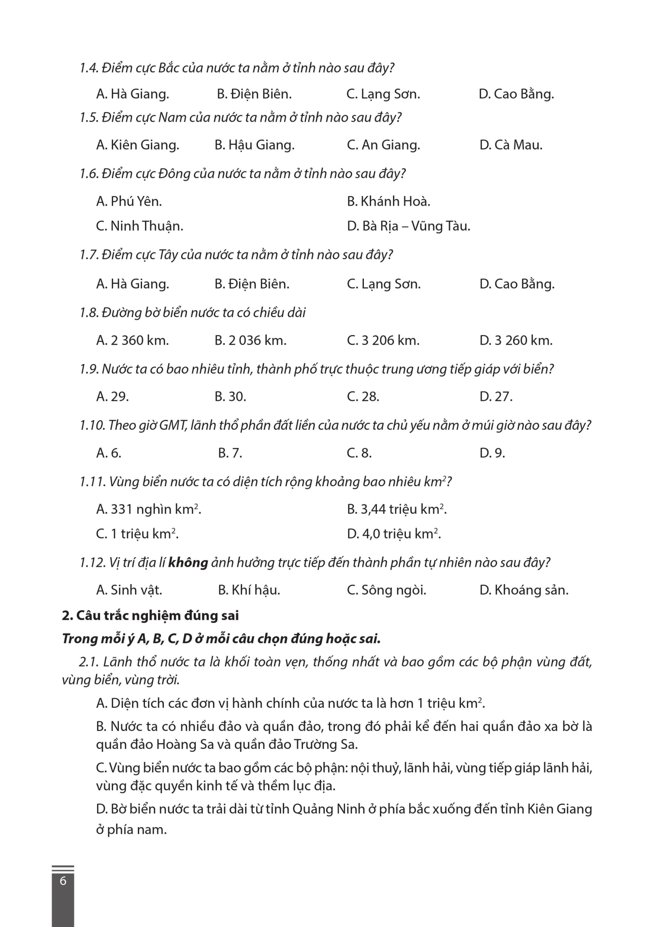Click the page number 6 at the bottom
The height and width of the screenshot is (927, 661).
pyautogui.click(x=63, y=881)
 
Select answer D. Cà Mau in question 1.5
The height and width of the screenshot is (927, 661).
pyautogui.click(x=510, y=145)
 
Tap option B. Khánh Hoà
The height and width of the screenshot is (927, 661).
pyautogui.click(x=388, y=201)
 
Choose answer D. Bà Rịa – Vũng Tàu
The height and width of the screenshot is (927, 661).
pyautogui.click(x=408, y=226)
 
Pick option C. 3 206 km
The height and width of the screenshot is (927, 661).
pyautogui.click(x=383, y=340)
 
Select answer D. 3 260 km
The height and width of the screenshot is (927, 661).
pyautogui.click(x=516, y=340)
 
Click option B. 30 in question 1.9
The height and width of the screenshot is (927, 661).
pyautogui.click(x=230, y=397)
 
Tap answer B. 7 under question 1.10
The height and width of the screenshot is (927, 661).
pyautogui.click(x=230, y=453)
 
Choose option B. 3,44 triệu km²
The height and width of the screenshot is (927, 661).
pyautogui.click(x=396, y=509)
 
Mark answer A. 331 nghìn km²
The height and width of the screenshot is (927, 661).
pyautogui.click(x=148, y=509)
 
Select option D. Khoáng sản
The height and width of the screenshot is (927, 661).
pyautogui.click(x=523, y=590)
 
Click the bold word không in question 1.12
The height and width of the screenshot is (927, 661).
pyautogui.click(x=188, y=562)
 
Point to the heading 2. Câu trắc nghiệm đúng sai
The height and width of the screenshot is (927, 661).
pyautogui.click(x=150, y=616)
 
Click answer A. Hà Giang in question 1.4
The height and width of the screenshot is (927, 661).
pyautogui.click(x=132, y=94)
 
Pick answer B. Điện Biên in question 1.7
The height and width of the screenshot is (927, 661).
pyautogui.click(x=252, y=284)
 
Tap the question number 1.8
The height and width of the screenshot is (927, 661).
pyautogui.click(x=89, y=313)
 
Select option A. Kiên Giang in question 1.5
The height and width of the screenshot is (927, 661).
pyautogui.click(x=137, y=145)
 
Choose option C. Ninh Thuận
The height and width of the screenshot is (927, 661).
pyautogui.click(x=139, y=226)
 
